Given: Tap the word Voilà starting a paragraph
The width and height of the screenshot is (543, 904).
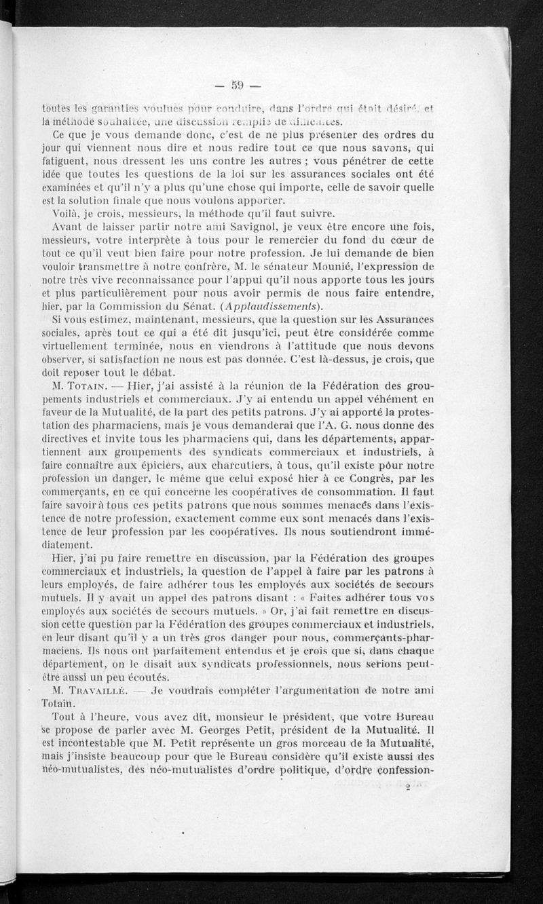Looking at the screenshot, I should [x=66, y=213].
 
